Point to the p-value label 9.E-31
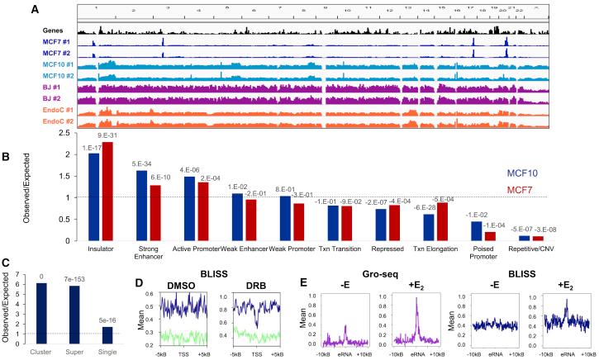[x=107, y=136]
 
